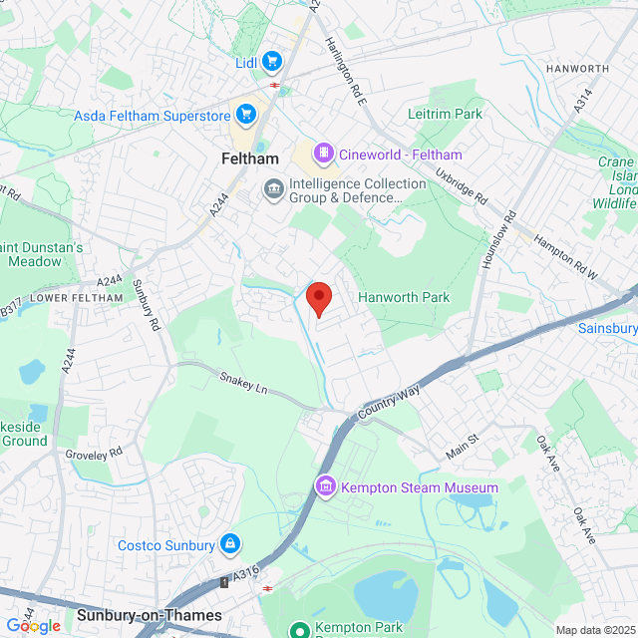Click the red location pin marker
(x=318, y=297)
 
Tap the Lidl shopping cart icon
(x=272, y=62)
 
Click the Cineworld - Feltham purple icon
(x=323, y=154)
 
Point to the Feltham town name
(x=248, y=159)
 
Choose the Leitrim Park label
(x=445, y=114)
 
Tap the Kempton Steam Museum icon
(x=325, y=487)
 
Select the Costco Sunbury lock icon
(x=229, y=544)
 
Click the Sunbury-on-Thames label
(x=149, y=615)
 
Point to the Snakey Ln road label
(x=244, y=380)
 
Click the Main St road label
(x=462, y=446)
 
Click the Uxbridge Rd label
(x=461, y=185)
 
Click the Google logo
(x=32, y=625)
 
